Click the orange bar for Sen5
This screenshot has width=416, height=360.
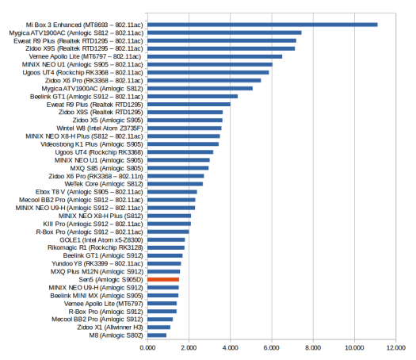pyautogui.click(x=163, y=279)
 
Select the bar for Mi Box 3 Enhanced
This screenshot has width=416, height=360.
pyautogui.click(x=262, y=25)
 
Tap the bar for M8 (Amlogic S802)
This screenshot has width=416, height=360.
pyautogui.click(x=157, y=335)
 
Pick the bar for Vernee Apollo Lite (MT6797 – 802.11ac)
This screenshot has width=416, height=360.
pyautogui.click(x=215, y=56)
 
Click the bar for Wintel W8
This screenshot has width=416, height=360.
pyautogui.click(x=185, y=128)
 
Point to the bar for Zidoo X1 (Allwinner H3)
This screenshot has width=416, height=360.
pyautogui.click(x=159, y=327)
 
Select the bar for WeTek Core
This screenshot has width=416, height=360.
pyautogui.click(x=175, y=184)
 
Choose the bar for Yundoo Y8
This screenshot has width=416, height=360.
pyautogui.click(x=164, y=263)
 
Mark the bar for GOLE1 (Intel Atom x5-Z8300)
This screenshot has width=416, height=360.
pyautogui.click(x=166, y=239)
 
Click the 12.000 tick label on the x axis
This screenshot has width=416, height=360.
pyautogui.click(x=396, y=348)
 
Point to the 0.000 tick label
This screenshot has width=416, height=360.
pyautogui.click(x=147, y=348)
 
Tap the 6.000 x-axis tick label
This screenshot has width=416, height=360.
pyautogui.click(x=272, y=348)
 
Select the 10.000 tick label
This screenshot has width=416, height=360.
pyautogui.click(x=354, y=348)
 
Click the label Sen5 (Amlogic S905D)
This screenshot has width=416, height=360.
pyautogui.click(x=111, y=280)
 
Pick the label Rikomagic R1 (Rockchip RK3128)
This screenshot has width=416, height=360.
pyautogui.click(x=95, y=247)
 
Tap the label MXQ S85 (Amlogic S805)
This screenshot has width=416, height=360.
pyautogui.click(x=107, y=168)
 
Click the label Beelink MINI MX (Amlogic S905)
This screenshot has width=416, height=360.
pyautogui.click(x=97, y=296)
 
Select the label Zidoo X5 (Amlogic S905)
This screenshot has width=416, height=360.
pyautogui.click(x=108, y=121)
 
